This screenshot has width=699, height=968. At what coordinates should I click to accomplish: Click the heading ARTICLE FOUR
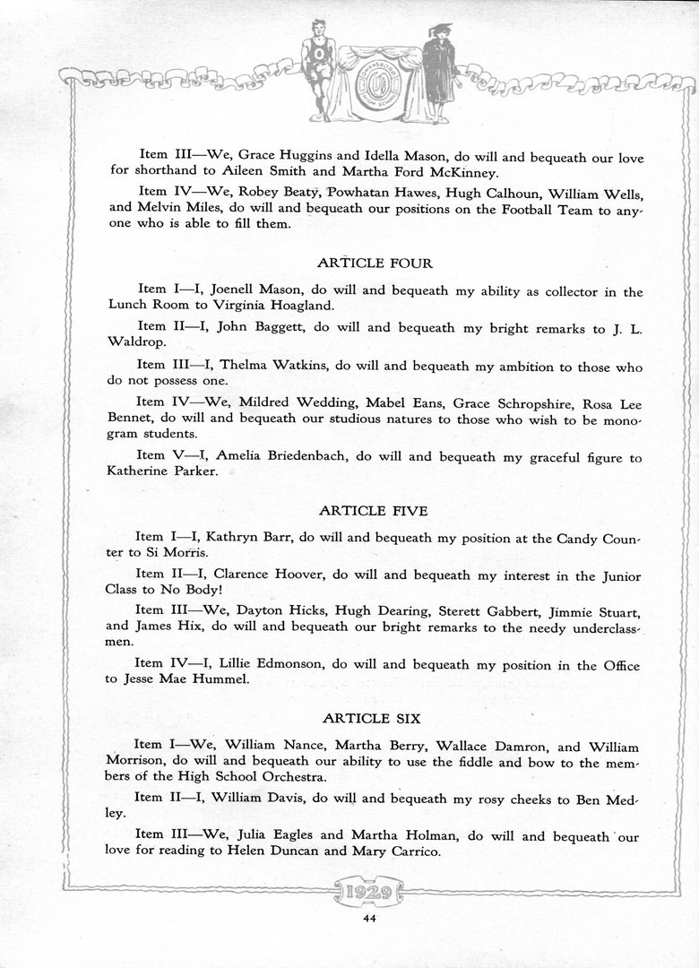[375, 264]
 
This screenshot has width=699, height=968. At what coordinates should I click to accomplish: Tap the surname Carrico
[411, 851]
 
